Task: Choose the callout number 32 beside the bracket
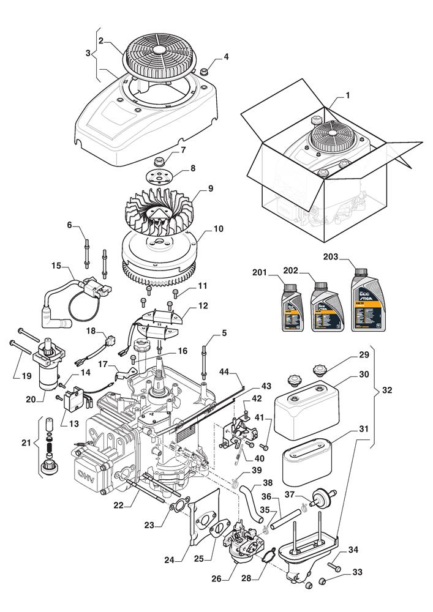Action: point(387,389)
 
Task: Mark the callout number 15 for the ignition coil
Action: point(56,266)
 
